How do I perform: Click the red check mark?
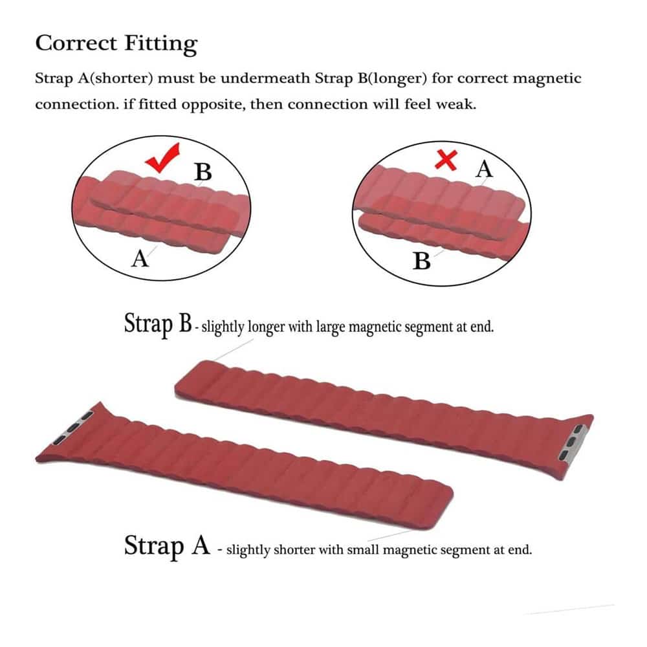point(162,158)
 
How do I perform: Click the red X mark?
point(446,160)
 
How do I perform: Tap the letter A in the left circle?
point(140,259)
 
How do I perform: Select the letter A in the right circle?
point(484,169)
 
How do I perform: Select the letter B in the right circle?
point(422,261)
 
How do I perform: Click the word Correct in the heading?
point(76,43)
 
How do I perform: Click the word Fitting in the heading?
point(161,44)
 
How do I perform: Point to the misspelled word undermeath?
point(265,78)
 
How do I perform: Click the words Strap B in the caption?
point(158,323)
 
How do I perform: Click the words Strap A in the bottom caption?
point(167,545)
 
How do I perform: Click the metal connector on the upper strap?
point(571,443)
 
